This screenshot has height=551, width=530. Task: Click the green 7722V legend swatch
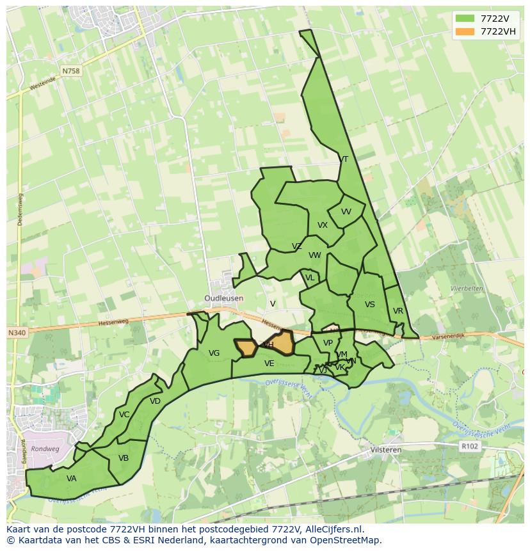[465, 19]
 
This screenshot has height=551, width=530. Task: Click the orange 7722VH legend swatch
[465, 31]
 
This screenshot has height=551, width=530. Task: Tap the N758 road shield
[71, 71]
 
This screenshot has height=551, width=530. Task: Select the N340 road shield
[17, 333]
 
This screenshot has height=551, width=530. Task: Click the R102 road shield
[469, 446]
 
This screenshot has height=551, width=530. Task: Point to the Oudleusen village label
[224, 298]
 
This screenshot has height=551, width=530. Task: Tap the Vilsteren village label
[385, 450]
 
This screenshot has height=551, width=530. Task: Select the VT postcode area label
[344, 159]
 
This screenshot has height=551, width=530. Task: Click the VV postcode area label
[346, 212]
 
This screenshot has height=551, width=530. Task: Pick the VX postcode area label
[323, 225]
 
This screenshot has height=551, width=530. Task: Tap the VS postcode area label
[370, 305]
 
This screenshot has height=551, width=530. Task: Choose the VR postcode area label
[398, 311]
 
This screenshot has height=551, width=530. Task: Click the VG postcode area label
[214, 353]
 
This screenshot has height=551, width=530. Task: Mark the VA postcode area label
[72, 479]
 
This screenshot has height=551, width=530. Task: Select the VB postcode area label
[124, 458]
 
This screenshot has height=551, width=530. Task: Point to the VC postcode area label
[124, 415]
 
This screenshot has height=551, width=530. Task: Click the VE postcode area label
[269, 363]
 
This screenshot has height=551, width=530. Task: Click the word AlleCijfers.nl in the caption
[332, 530]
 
